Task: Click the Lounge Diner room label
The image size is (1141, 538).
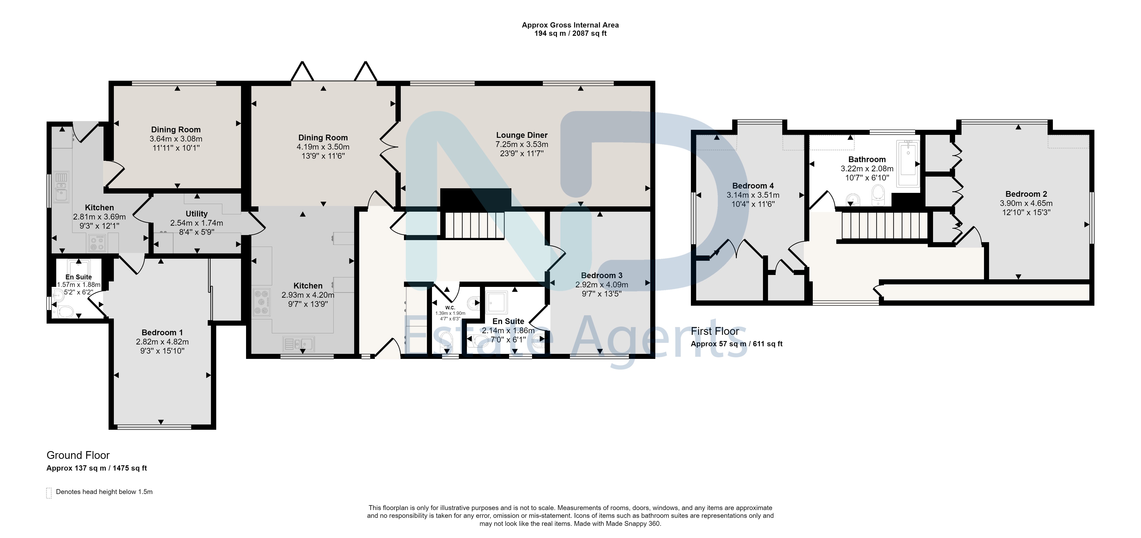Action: [522, 135]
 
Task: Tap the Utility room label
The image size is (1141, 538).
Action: [197, 214]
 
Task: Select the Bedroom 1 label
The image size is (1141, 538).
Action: [162, 332]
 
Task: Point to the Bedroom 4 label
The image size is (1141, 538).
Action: [753, 186]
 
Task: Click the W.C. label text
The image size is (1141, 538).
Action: [450, 308]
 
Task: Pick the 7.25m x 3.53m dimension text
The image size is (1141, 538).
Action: [522, 144]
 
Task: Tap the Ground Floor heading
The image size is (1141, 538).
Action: [78, 455]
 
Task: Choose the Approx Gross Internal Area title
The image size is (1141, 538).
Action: [570, 25]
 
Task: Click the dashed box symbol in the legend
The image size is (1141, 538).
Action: [49, 493]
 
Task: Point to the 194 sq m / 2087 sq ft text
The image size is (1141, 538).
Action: [570, 33]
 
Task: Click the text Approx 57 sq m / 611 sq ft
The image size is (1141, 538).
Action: [737, 344]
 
